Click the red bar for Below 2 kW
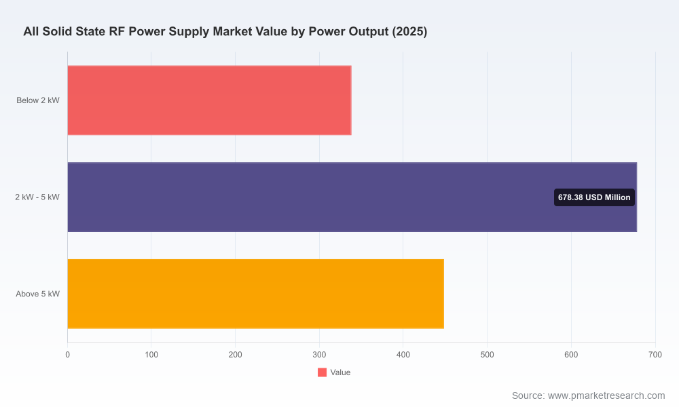(209, 100)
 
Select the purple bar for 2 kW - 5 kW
(352, 197)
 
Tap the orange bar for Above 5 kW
(255, 294)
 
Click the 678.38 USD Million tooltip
(594, 197)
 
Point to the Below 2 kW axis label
(38, 100)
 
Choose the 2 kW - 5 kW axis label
(37, 197)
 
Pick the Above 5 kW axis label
(37, 294)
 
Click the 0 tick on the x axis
(67, 355)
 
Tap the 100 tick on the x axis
(151, 355)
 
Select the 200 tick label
(236, 355)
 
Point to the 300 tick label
(320, 355)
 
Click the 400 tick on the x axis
(403, 355)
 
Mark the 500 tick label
(487, 355)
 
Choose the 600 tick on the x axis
(571, 355)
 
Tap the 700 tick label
(655, 355)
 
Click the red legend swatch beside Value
(322, 372)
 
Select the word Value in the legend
(340, 372)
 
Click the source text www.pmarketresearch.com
(606, 395)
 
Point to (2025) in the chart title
(409, 32)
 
